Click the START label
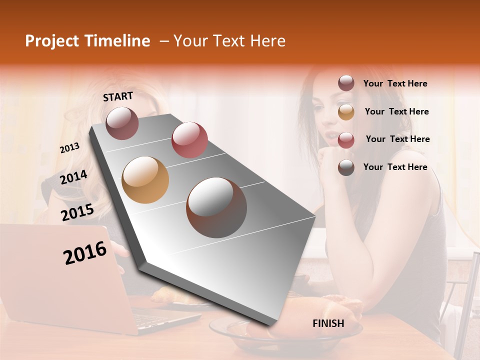click(118, 96)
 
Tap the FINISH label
click(328, 323)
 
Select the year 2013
click(70, 148)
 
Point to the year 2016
click(85, 253)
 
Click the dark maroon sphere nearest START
click(122, 123)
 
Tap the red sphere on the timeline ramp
click(189, 139)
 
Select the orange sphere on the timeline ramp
click(145, 180)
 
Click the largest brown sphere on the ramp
click(216, 207)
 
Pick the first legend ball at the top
click(346, 83)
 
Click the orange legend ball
click(346, 112)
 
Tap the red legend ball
click(346, 140)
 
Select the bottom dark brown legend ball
click(346, 168)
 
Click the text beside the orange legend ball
click(396, 111)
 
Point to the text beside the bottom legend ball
click(395, 167)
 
